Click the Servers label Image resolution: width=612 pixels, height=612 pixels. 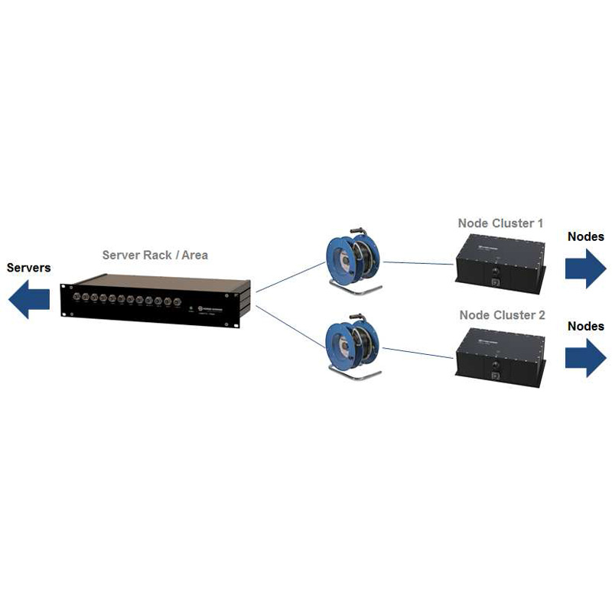tap(29, 268)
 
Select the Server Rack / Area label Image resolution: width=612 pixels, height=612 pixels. tap(155, 255)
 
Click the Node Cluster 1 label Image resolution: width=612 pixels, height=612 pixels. tap(500, 223)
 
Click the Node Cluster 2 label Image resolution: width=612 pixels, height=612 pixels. tap(502, 314)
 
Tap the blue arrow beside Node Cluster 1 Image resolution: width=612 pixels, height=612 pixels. tap(585, 267)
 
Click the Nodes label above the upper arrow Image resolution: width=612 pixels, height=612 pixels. tap(585, 236)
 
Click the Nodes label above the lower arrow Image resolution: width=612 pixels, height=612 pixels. tap(585, 327)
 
